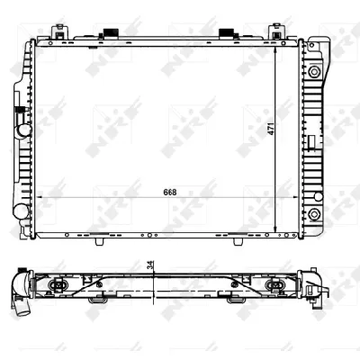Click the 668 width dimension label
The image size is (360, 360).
pos(170,193)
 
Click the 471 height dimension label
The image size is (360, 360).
pos(271,129)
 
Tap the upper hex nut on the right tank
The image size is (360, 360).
pos(314,71)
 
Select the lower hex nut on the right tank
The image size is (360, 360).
pos(314,214)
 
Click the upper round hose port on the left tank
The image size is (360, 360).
pos(23,130)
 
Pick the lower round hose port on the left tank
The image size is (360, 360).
pos(21,211)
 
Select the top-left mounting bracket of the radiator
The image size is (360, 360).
pos(59,32)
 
